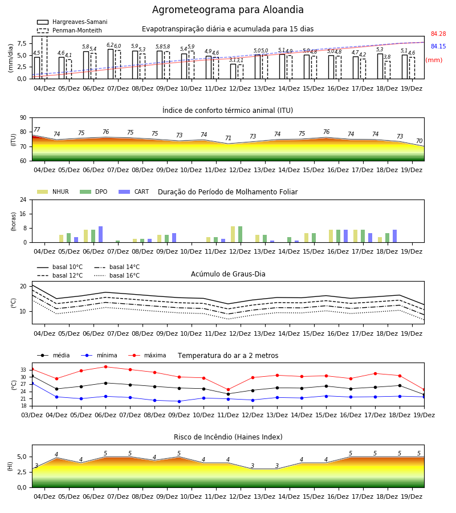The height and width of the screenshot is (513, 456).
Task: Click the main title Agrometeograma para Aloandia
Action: pyautogui.click(x=227, y=10)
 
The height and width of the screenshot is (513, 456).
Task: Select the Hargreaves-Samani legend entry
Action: pyautogui.click(x=72, y=22)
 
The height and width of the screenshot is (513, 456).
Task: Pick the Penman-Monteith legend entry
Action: pyautogui.click(x=70, y=30)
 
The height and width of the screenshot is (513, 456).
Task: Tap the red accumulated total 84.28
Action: pyautogui.click(x=438, y=34)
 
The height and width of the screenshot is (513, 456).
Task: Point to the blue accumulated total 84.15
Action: pyautogui.click(x=438, y=47)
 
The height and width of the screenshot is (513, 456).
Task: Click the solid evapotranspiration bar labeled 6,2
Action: pyautogui.click(x=111, y=64)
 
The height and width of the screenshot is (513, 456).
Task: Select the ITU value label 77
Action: pyautogui.click(x=37, y=129)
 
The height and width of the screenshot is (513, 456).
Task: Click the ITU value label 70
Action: pyautogui.click(x=420, y=141)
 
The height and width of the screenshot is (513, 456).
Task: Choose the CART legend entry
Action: pyautogui.click(x=134, y=192)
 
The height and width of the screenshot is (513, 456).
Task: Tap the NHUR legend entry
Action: pyautogui.click(x=53, y=192)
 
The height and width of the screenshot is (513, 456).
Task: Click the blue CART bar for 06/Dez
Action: pyautogui.click(x=100, y=234)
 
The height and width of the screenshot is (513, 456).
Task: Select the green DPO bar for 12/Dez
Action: pyautogui.click(x=241, y=234)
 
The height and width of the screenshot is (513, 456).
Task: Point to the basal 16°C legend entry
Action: pyautogui.click(x=117, y=276)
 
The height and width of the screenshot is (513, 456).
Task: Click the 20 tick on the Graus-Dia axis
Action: pyautogui.click(x=23, y=286)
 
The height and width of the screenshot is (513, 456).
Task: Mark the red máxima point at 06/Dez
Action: pyautogui.click(x=105, y=367)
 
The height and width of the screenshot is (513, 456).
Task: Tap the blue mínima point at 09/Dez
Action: pyautogui.click(x=179, y=401)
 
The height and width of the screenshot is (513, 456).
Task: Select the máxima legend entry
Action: pyautogui.click(x=148, y=355)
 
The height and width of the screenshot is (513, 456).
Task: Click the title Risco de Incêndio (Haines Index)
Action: pyautogui.click(x=228, y=437)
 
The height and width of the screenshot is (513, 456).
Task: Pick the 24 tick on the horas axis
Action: pyautogui.click(x=23, y=199)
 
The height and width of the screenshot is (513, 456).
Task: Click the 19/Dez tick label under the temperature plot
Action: pyautogui.click(x=424, y=415)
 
